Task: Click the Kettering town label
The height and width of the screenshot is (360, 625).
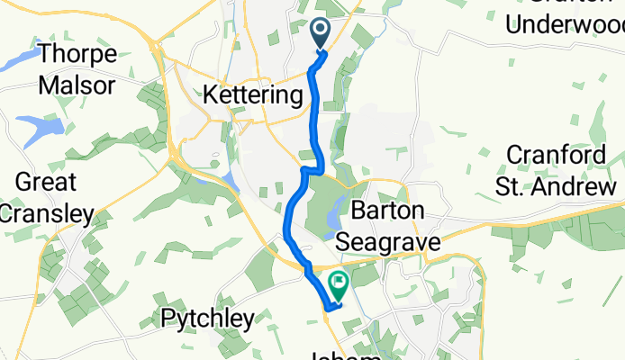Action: click(x=252, y=94)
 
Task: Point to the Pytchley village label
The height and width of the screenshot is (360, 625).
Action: click(x=208, y=317)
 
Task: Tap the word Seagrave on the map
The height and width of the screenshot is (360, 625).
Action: click(x=387, y=241)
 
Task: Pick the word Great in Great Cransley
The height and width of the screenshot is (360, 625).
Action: click(x=43, y=183)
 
